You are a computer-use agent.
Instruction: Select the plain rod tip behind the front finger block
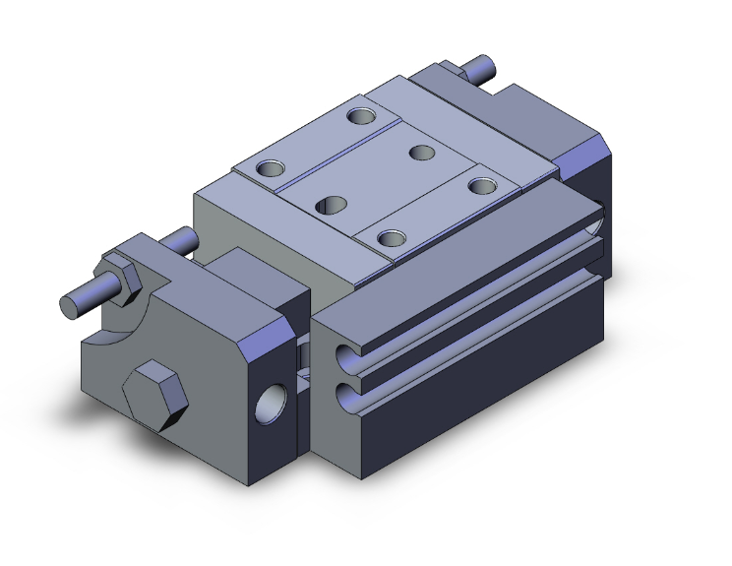178,239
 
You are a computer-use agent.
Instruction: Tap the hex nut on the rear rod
455,72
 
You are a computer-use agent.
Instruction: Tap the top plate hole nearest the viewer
392,237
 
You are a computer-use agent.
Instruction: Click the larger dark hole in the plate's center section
331,204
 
